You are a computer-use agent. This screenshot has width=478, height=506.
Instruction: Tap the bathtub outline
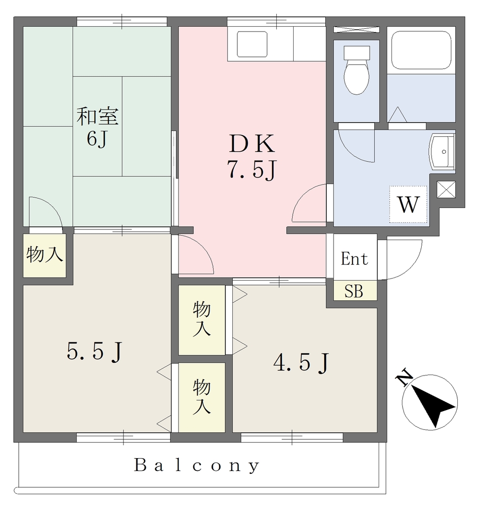421,50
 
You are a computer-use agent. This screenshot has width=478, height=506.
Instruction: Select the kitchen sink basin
252,44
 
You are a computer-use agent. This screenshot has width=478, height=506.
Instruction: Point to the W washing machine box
408,204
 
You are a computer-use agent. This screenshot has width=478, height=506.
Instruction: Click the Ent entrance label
354,259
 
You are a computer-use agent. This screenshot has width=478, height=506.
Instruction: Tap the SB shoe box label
354,291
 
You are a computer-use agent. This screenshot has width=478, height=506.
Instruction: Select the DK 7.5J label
252,156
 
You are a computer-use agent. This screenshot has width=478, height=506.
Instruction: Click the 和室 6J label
97,127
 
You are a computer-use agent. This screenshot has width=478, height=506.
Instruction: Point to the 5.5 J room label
94,351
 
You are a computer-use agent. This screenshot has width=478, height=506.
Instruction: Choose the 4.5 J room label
301,363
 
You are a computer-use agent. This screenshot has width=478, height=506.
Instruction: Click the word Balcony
197,465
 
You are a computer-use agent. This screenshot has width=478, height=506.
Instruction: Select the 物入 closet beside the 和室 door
44,255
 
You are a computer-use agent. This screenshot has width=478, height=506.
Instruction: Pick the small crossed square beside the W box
446,189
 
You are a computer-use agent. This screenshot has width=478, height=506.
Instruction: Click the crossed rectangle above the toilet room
356,30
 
